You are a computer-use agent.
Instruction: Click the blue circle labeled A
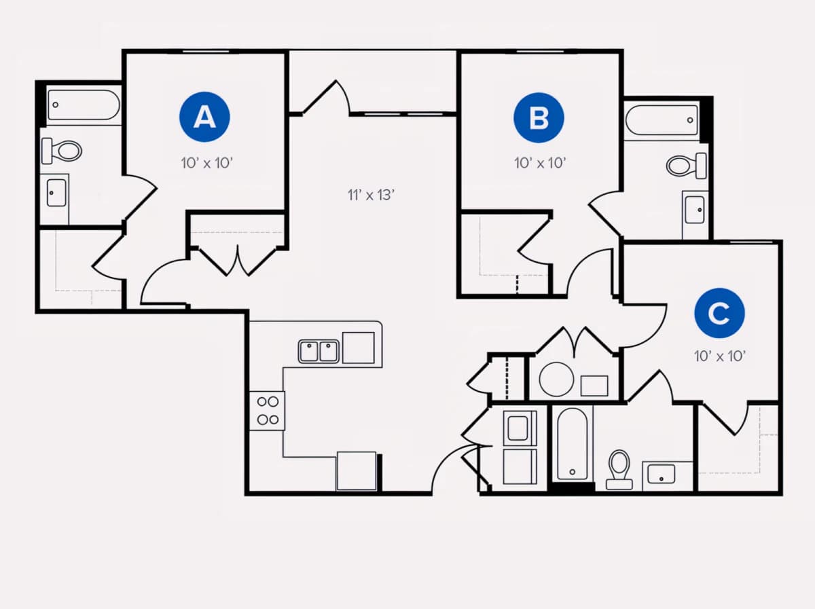(204, 117)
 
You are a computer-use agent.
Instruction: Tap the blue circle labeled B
(539, 117)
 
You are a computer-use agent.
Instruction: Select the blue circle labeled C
(719, 313)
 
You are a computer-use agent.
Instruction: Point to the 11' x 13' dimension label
(371, 195)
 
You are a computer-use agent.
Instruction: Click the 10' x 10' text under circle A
(207, 163)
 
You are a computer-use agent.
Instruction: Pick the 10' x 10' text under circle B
(540, 163)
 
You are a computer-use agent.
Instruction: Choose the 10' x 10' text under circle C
(720, 356)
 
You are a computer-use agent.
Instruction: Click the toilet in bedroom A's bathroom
(61, 151)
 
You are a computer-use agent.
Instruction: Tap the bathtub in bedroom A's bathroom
(84, 105)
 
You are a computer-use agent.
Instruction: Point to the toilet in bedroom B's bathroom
(687, 166)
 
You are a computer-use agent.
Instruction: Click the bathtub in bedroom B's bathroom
(662, 120)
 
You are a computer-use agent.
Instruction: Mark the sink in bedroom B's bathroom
(695, 210)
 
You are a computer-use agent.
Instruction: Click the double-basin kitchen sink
(319, 352)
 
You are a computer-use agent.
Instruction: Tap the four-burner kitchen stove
(268, 411)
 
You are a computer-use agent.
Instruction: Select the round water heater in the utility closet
(556, 380)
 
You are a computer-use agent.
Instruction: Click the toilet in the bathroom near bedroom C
(619, 469)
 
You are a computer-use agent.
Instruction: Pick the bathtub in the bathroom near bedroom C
(572, 444)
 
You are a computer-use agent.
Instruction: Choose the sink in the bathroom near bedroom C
(662, 474)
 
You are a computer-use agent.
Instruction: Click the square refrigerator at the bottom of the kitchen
(356, 470)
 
